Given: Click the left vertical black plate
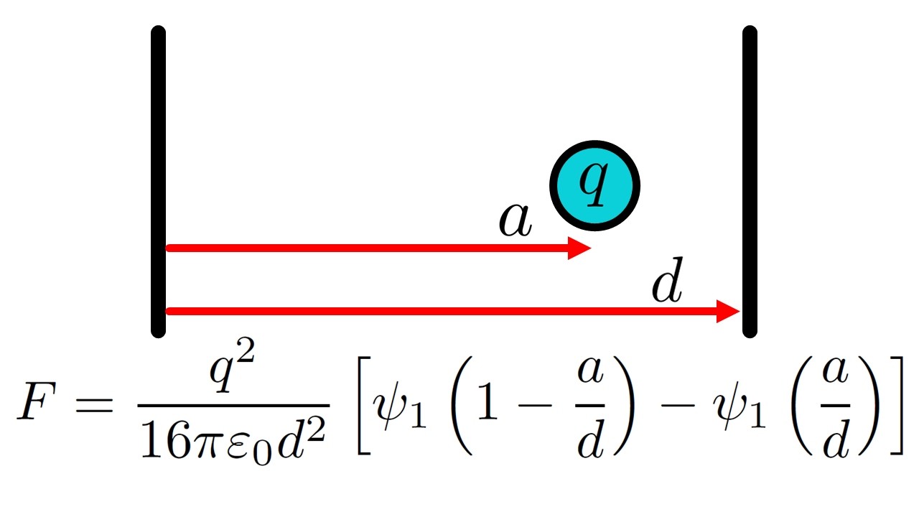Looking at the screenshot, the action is (159, 182).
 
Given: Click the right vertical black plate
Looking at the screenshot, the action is (750, 182).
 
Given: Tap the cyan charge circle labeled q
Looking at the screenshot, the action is (594, 186).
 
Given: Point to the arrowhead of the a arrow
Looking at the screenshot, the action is (579, 248).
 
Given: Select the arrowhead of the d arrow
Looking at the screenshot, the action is (728, 312).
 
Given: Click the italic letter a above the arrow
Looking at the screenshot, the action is (516, 220).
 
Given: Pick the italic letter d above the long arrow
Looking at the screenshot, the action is (668, 280).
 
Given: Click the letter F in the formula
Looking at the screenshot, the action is (37, 400).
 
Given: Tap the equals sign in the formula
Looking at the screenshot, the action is (93, 404).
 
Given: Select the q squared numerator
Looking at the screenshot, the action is (232, 365).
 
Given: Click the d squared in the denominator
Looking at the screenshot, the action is (301, 438).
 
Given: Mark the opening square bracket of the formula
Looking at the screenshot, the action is (364, 406).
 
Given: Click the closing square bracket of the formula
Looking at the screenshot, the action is (897, 406).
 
